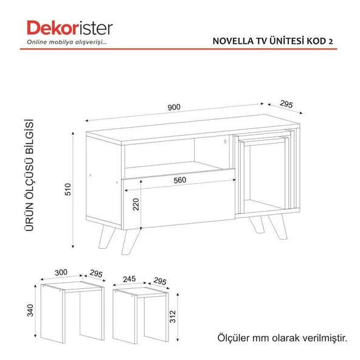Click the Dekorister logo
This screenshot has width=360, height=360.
70,28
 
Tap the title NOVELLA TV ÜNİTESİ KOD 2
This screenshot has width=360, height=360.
273,41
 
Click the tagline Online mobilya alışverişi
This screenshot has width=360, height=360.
67,42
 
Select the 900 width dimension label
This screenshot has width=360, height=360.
174,107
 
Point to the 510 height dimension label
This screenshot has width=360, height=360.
68,189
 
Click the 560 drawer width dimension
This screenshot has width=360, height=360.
180,180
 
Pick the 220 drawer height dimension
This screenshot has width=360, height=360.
136,204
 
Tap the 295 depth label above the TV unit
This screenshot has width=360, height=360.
286,104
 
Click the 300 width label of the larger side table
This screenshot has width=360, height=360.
61,272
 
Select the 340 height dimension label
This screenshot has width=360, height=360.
30,310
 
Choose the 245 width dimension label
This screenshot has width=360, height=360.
130,279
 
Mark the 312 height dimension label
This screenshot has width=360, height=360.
173,317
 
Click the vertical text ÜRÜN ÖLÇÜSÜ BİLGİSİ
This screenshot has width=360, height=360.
29,175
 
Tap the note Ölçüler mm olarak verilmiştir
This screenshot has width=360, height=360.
282,337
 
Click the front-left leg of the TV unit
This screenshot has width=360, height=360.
130,241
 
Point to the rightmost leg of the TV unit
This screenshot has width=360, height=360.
279,227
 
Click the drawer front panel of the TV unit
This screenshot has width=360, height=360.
179,199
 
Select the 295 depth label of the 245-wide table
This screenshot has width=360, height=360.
160,281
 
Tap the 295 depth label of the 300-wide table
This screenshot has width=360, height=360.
96,274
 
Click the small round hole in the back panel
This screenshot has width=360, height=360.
225,142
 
